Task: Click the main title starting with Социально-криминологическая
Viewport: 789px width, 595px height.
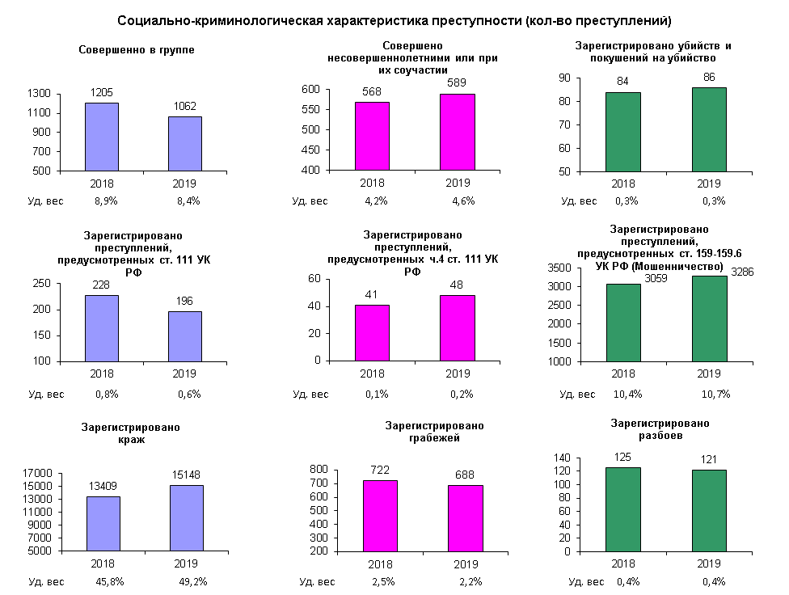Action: (x=394, y=20)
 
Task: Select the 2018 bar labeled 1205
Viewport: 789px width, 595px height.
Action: (x=102, y=137)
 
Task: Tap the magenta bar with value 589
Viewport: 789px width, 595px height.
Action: (x=458, y=132)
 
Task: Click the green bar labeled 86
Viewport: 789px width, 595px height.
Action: (x=708, y=129)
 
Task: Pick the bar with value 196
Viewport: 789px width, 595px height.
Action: (x=185, y=335)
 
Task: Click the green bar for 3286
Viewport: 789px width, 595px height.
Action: (x=708, y=318)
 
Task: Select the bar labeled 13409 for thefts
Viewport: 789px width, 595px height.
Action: (x=103, y=523)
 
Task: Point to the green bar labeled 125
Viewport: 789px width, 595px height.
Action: (x=622, y=509)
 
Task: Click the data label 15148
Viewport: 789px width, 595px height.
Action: (x=186, y=477)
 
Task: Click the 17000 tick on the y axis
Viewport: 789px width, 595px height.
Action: (x=37, y=473)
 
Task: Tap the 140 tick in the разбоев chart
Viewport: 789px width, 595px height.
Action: (x=562, y=458)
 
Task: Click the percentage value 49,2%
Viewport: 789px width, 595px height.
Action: (x=192, y=581)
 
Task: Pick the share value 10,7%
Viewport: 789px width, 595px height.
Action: (x=716, y=394)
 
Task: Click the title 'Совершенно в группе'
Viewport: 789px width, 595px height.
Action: (x=137, y=50)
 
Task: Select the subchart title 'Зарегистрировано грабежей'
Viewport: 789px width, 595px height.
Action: (x=435, y=432)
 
